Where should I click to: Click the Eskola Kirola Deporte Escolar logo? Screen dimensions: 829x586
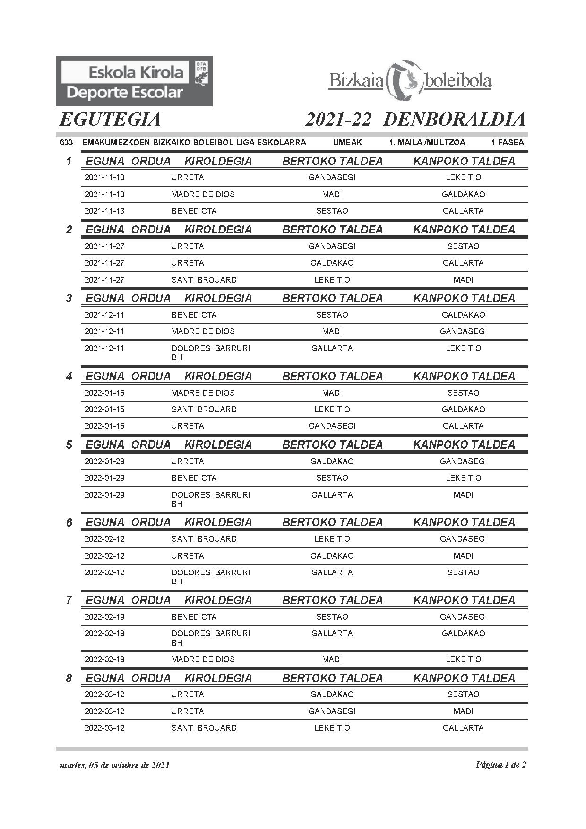pyautogui.click(x=134, y=81)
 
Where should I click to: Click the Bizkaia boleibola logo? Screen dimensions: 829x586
pyautogui.click(x=410, y=81)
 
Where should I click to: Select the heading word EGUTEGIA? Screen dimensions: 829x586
pyautogui.click(x=110, y=120)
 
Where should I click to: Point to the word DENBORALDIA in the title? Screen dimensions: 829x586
pyautogui.click(x=454, y=120)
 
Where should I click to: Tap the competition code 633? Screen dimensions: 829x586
pyautogui.click(x=66, y=142)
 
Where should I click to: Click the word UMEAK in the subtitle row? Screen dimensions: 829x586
pyautogui.click(x=347, y=142)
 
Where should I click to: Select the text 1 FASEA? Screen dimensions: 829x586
pyautogui.click(x=507, y=142)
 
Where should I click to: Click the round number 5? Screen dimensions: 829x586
pyautogui.click(x=69, y=445)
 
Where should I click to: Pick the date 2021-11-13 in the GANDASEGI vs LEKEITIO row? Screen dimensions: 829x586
pyautogui.click(x=104, y=178)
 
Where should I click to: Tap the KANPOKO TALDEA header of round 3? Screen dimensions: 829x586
pyautogui.click(x=464, y=298)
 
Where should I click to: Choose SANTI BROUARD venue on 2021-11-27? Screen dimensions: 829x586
pyautogui.click(x=204, y=280)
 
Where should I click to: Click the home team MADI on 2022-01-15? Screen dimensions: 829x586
pyautogui.click(x=332, y=393)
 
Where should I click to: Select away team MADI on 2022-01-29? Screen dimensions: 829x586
pyautogui.click(x=463, y=495)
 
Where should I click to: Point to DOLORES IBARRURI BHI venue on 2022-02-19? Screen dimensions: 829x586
pyautogui.click(x=210, y=638)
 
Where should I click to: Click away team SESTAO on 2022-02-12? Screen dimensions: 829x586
pyautogui.click(x=463, y=572)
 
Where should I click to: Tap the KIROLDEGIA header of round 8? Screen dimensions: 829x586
pyautogui.click(x=218, y=678)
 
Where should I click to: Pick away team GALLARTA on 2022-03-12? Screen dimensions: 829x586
pyautogui.click(x=463, y=728)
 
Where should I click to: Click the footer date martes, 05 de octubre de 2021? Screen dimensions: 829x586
pyautogui.click(x=115, y=765)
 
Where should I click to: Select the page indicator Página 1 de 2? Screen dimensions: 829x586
pyautogui.click(x=500, y=765)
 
